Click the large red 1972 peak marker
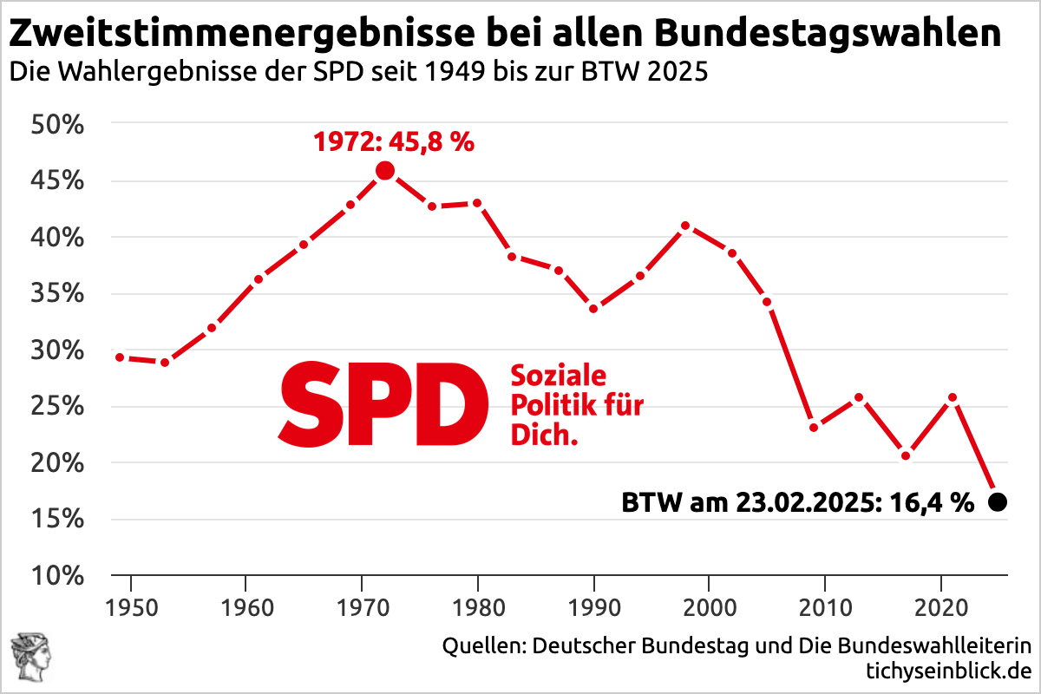pyautogui.click(x=385, y=171)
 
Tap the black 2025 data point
pyautogui.click(x=998, y=501)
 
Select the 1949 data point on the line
pyautogui.click(x=120, y=357)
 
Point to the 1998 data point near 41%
pyautogui.click(x=685, y=226)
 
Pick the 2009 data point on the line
pyautogui.click(x=813, y=427)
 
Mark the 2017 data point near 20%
pyautogui.click(x=906, y=456)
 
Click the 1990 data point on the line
pyautogui.click(x=593, y=308)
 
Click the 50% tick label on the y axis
pyautogui.click(x=58, y=125)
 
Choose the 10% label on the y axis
pyautogui.click(x=58, y=576)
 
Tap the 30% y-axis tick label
pyautogui.click(x=58, y=350)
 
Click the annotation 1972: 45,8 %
pyautogui.click(x=393, y=141)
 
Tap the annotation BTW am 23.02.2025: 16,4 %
pyautogui.click(x=798, y=502)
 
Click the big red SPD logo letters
pyautogui.click(x=382, y=405)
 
